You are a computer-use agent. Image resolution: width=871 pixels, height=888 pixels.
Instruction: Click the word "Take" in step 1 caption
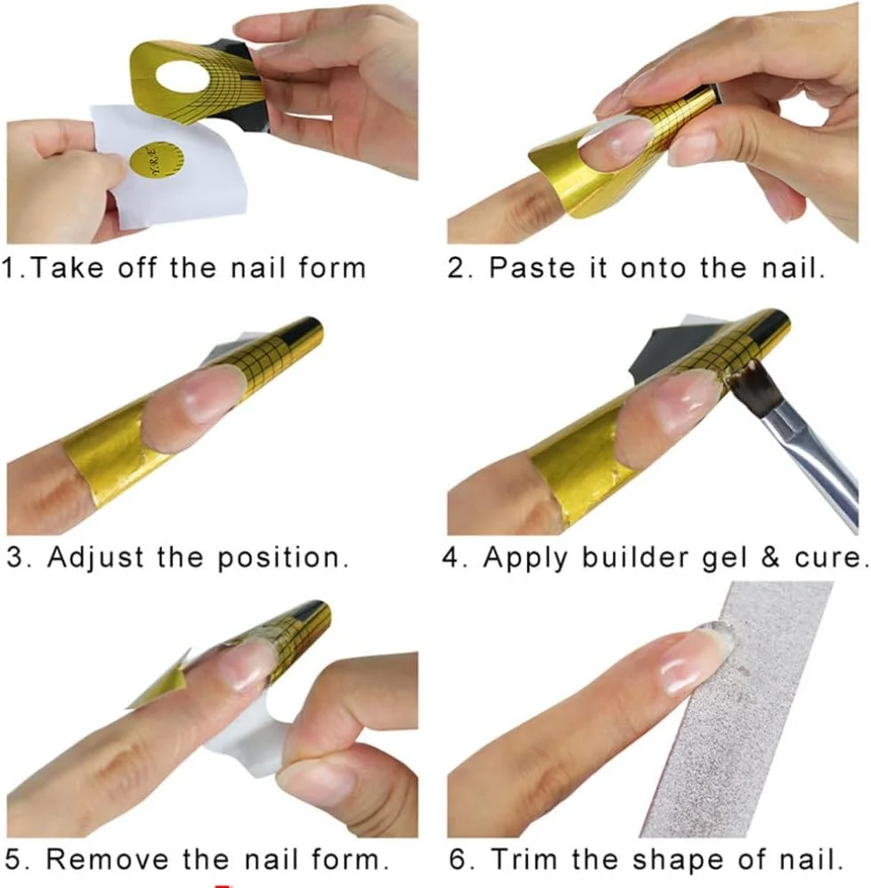pos(66,267)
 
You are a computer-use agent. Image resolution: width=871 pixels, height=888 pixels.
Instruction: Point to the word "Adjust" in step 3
pos(95,558)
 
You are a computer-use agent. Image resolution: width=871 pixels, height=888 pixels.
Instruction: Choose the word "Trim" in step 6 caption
pos(525,859)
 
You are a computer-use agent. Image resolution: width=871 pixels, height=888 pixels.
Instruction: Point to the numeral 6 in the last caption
pos(458,859)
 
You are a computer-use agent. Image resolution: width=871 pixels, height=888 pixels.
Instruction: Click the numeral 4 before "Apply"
pos(451,558)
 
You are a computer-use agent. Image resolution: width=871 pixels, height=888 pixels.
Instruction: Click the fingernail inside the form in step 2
pos(617,141)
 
